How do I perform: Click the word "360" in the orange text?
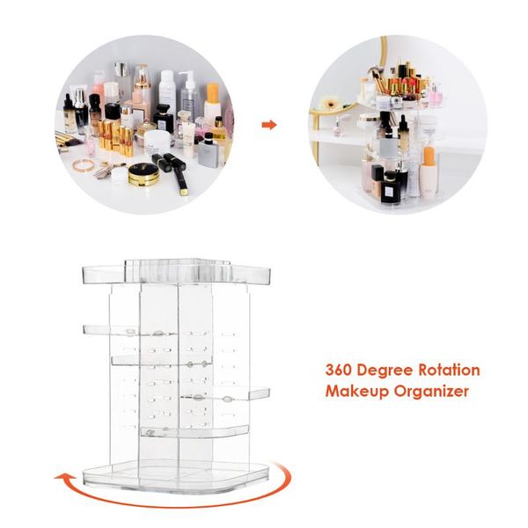pos(341,370)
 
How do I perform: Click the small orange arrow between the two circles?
pos(270,125)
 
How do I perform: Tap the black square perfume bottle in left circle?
pos(209,152)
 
